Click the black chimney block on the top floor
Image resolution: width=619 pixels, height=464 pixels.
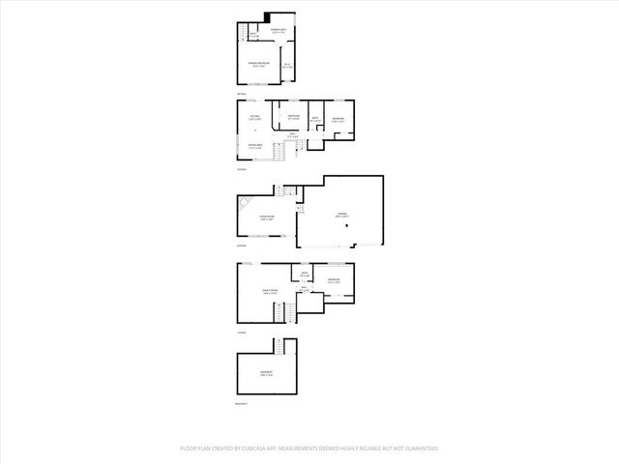pos(266,15)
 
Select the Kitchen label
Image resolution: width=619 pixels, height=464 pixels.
pos(255,118)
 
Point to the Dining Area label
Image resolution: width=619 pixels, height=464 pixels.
pos(255,146)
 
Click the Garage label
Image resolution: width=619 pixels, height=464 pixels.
pos(340,216)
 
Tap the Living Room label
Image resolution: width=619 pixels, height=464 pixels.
pos(266,218)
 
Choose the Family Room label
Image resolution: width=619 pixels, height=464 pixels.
pos(269,292)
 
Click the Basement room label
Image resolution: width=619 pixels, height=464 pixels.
pos(265,373)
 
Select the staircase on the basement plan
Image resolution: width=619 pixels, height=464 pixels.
pos(280,345)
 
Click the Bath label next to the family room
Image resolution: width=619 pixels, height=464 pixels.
pos(304,275)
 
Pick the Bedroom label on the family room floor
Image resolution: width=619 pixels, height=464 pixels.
pos(334,280)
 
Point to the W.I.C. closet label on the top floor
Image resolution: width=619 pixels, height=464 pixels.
pos(287,66)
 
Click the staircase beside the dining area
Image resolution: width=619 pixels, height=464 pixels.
pos(281,153)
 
